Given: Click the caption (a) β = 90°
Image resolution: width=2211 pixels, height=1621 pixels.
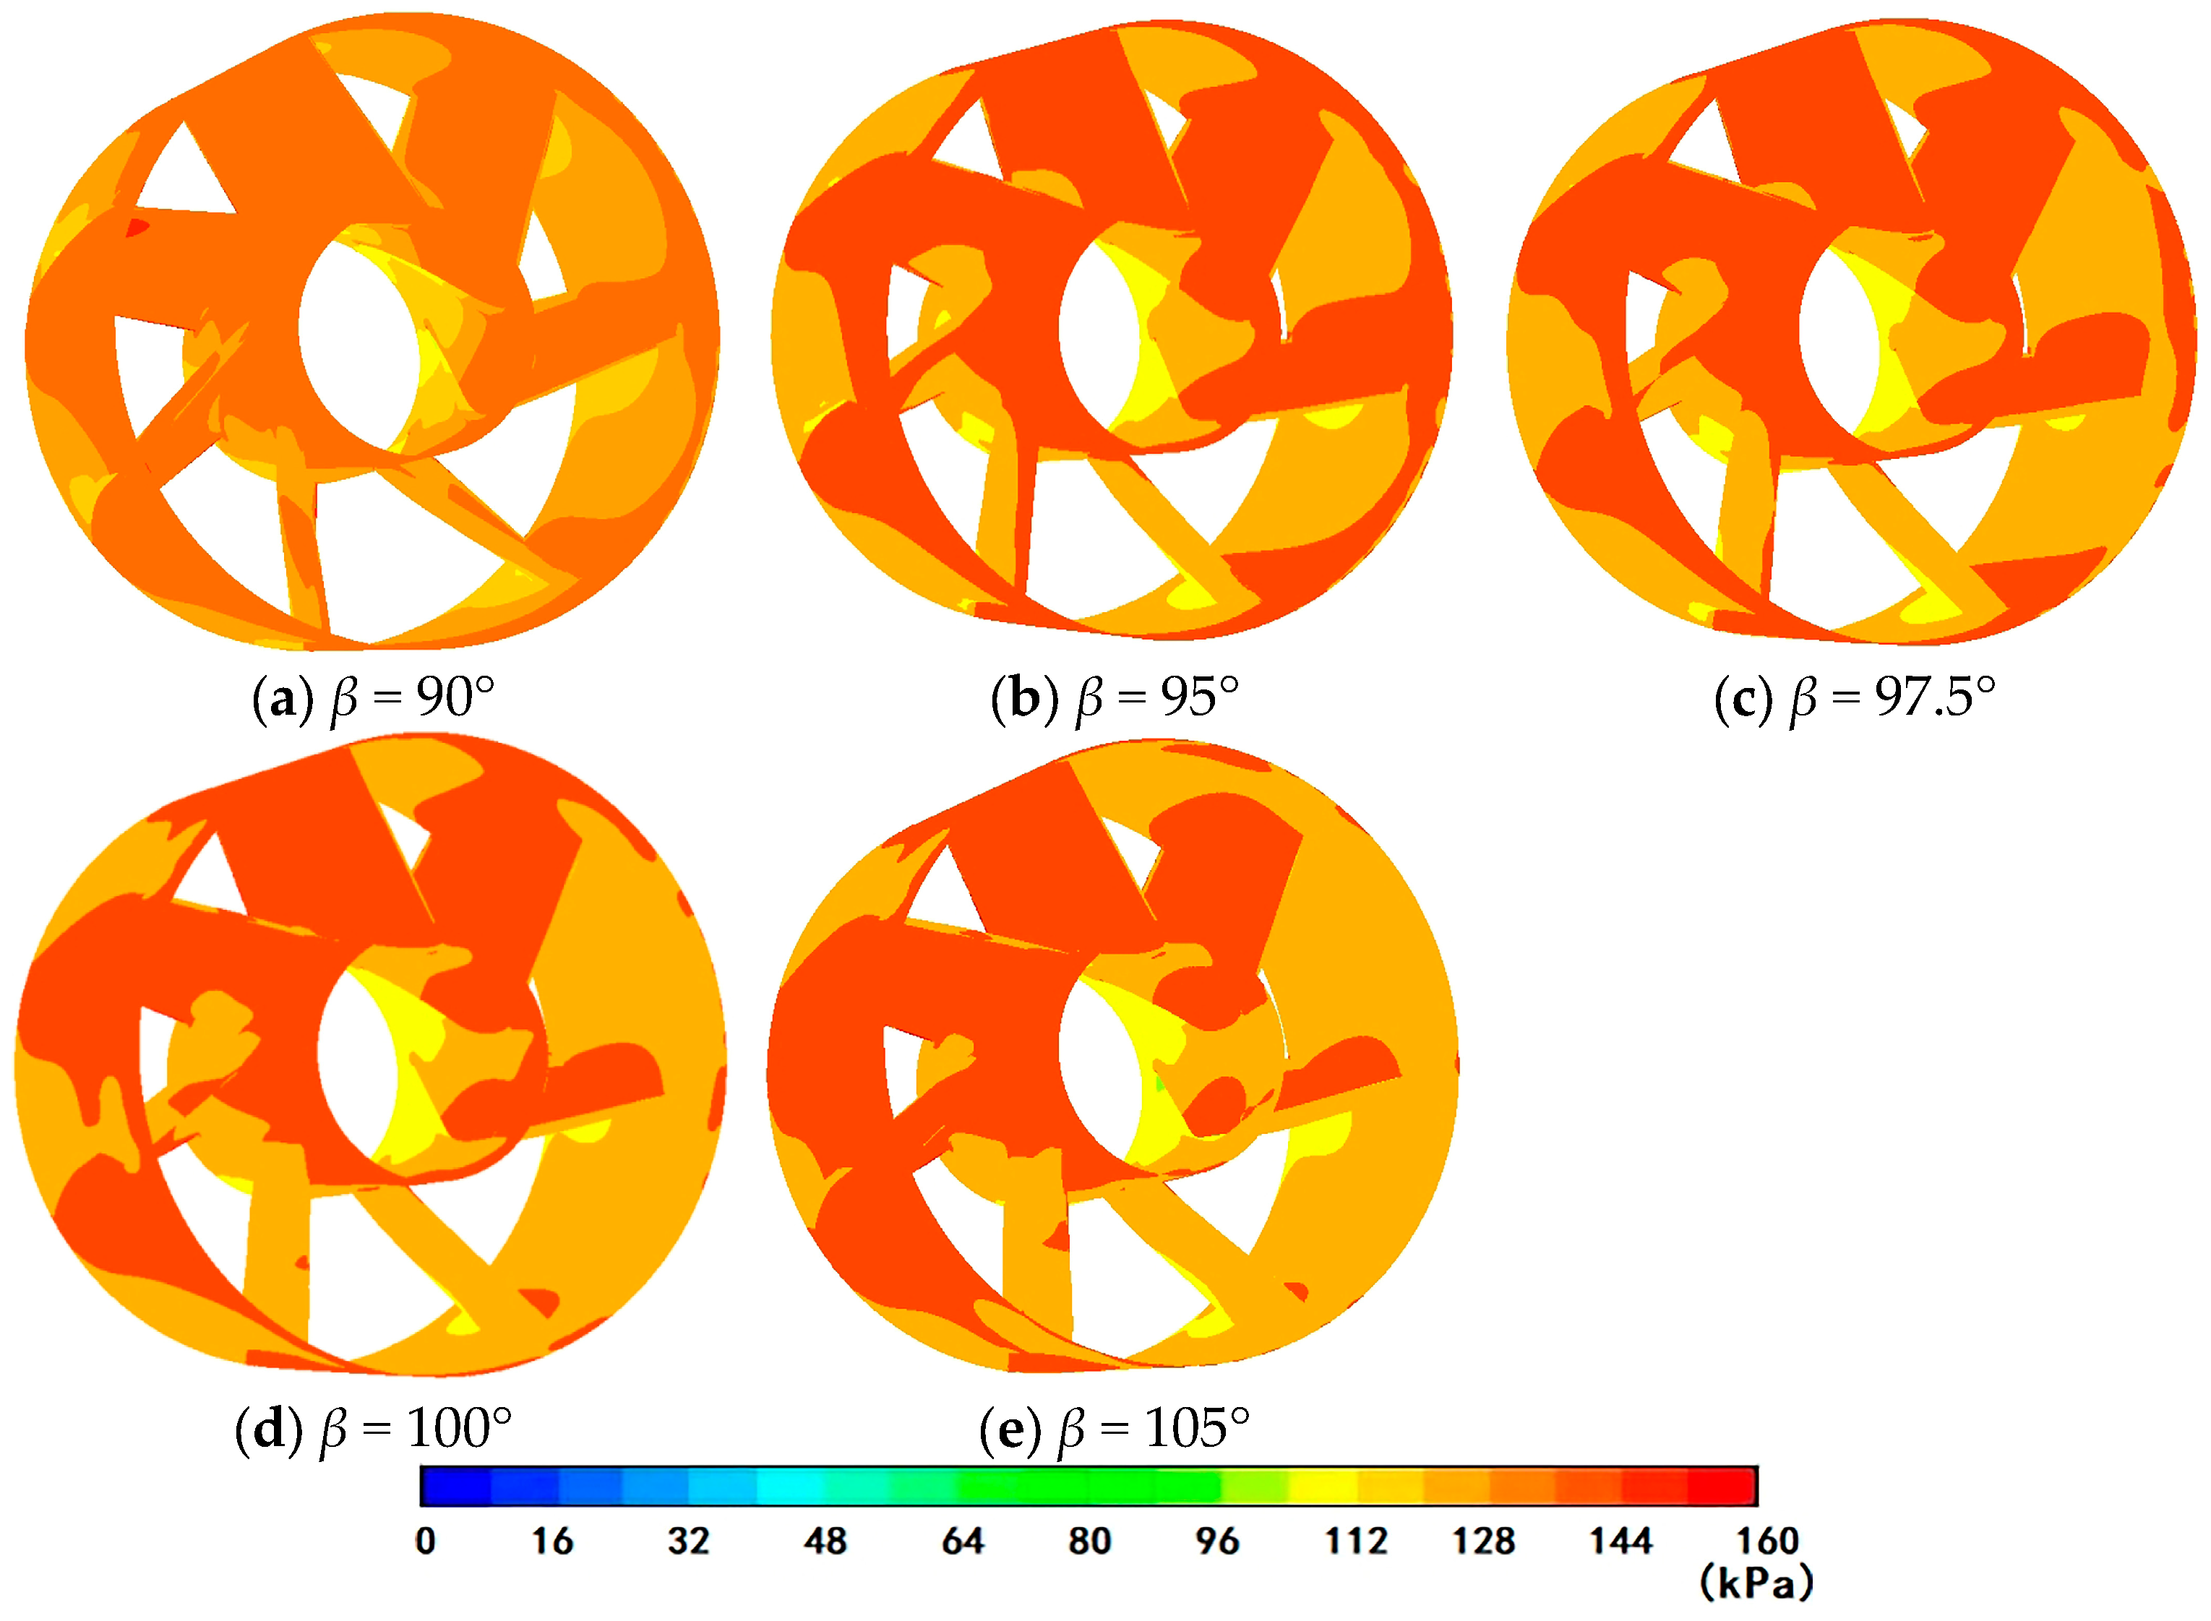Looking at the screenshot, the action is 373,699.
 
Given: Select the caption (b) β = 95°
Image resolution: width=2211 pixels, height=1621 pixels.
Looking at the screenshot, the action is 1114,699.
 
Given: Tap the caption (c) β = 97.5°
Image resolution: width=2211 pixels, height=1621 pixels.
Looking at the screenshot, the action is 1855,699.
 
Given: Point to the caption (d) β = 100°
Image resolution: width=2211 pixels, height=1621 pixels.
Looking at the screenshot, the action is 373,1429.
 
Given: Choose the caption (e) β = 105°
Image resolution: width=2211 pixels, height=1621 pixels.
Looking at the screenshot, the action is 1115,1429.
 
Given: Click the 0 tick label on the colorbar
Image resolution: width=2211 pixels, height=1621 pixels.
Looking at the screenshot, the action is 425,1542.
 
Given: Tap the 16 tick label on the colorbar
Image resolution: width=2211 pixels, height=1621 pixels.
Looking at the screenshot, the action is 552,1542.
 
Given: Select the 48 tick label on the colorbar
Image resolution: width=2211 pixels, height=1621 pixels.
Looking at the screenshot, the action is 825,1542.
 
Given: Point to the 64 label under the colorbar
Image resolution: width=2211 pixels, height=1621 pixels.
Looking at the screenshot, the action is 963,1542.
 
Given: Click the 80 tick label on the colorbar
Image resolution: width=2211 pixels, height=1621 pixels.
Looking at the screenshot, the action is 1089,1542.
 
